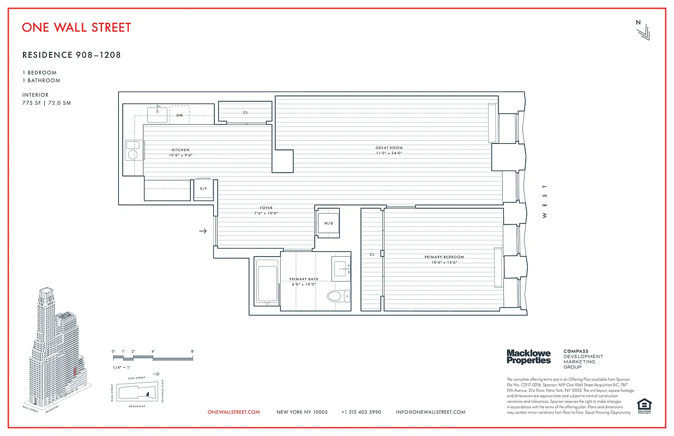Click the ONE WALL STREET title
click(76, 27)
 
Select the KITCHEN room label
click(180, 150)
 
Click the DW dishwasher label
click(179, 116)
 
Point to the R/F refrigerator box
click(203, 189)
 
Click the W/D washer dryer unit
click(328, 223)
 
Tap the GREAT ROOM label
click(389, 148)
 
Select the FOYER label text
click(266, 208)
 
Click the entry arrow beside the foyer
click(203, 231)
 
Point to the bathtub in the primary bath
click(266, 281)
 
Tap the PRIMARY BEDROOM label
click(444, 257)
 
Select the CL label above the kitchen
click(245, 112)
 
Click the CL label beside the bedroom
click(372, 254)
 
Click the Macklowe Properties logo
click(528, 357)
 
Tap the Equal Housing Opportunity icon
click(644, 405)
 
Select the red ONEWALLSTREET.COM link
click(234, 412)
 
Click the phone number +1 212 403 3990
click(361, 412)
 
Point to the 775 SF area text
click(34, 103)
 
